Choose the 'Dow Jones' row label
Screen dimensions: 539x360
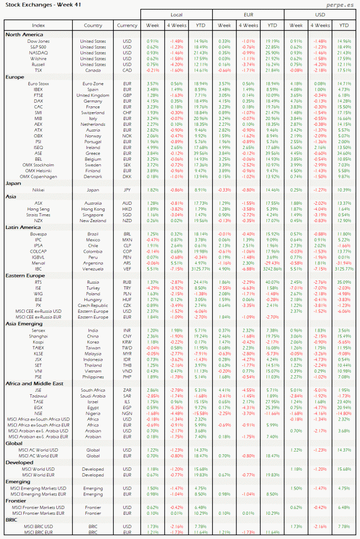coord(38,41)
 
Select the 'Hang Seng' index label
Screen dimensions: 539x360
coord(38,209)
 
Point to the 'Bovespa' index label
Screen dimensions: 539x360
coord(38,233)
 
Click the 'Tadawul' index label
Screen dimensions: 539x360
coord(38,395)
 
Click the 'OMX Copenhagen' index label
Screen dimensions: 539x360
coord(38,176)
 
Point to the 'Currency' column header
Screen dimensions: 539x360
coord(127,25)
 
